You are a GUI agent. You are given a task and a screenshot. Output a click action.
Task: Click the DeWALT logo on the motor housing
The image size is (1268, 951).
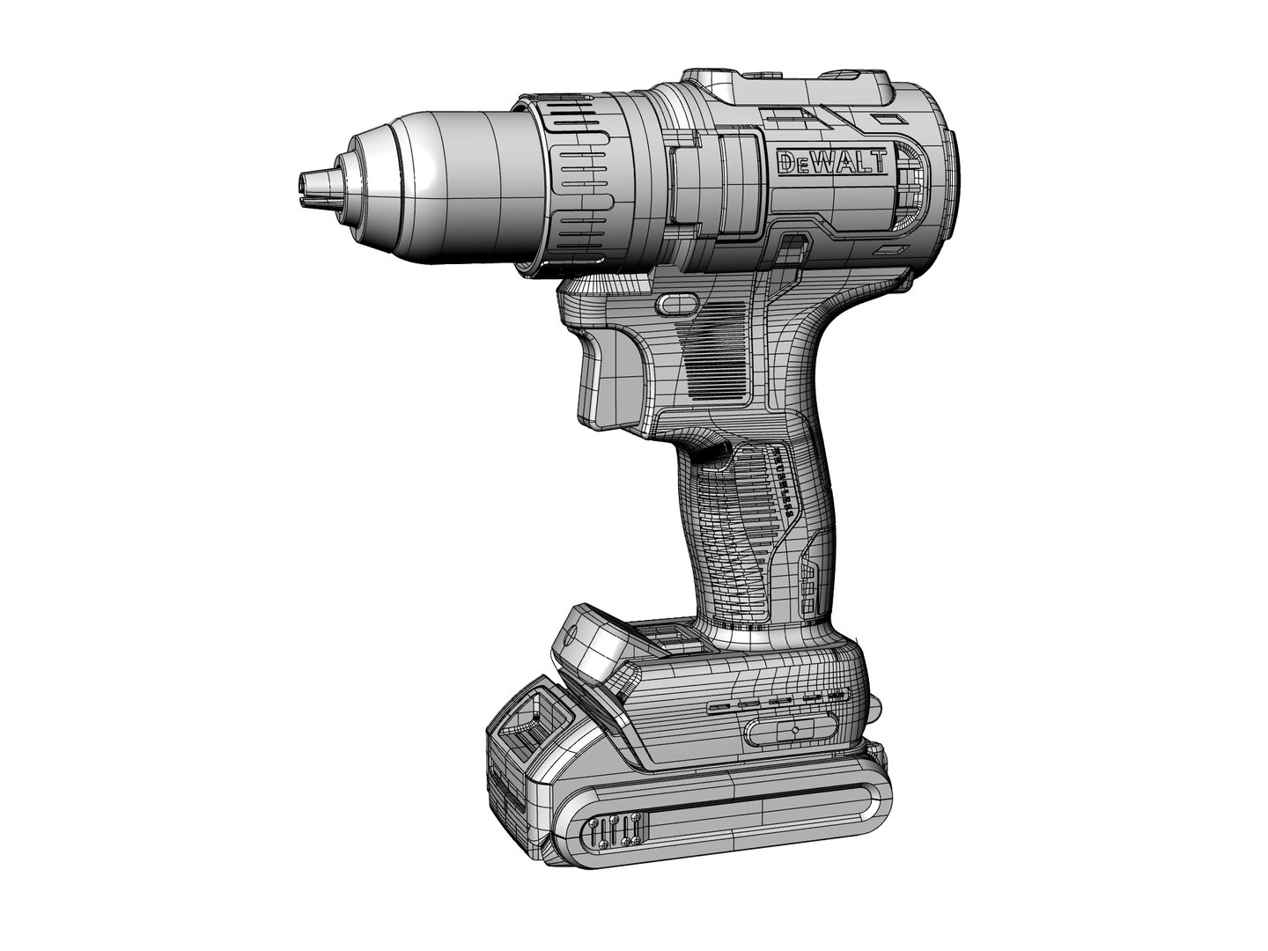click(832, 162)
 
